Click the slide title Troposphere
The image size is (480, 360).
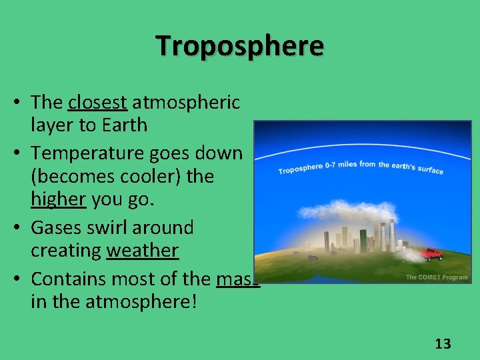[x=240, y=47]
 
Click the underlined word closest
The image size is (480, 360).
[x=97, y=102]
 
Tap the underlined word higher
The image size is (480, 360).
[x=58, y=200]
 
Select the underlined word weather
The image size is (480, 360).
[x=142, y=251]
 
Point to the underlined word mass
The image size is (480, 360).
[x=237, y=279]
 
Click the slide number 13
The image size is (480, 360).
[x=443, y=344]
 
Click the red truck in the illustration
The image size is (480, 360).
[x=431, y=254]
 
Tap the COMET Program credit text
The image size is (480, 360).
[x=437, y=277]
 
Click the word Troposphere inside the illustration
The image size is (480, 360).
[x=300, y=169]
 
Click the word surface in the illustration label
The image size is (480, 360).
[x=431, y=170]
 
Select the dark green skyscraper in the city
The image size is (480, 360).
[x=363, y=241]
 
